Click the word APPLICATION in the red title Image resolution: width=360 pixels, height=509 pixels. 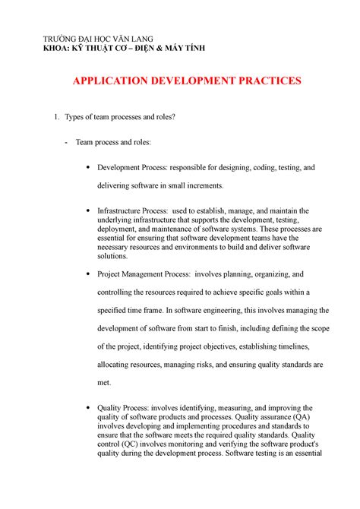tap(111, 81)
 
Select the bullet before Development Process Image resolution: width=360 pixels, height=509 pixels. tap(90, 167)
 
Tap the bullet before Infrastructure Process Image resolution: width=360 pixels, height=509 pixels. tap(90, 210)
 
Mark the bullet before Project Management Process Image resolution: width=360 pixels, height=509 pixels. tap(90, 274)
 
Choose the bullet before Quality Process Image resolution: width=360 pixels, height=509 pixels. tap(90, 407)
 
